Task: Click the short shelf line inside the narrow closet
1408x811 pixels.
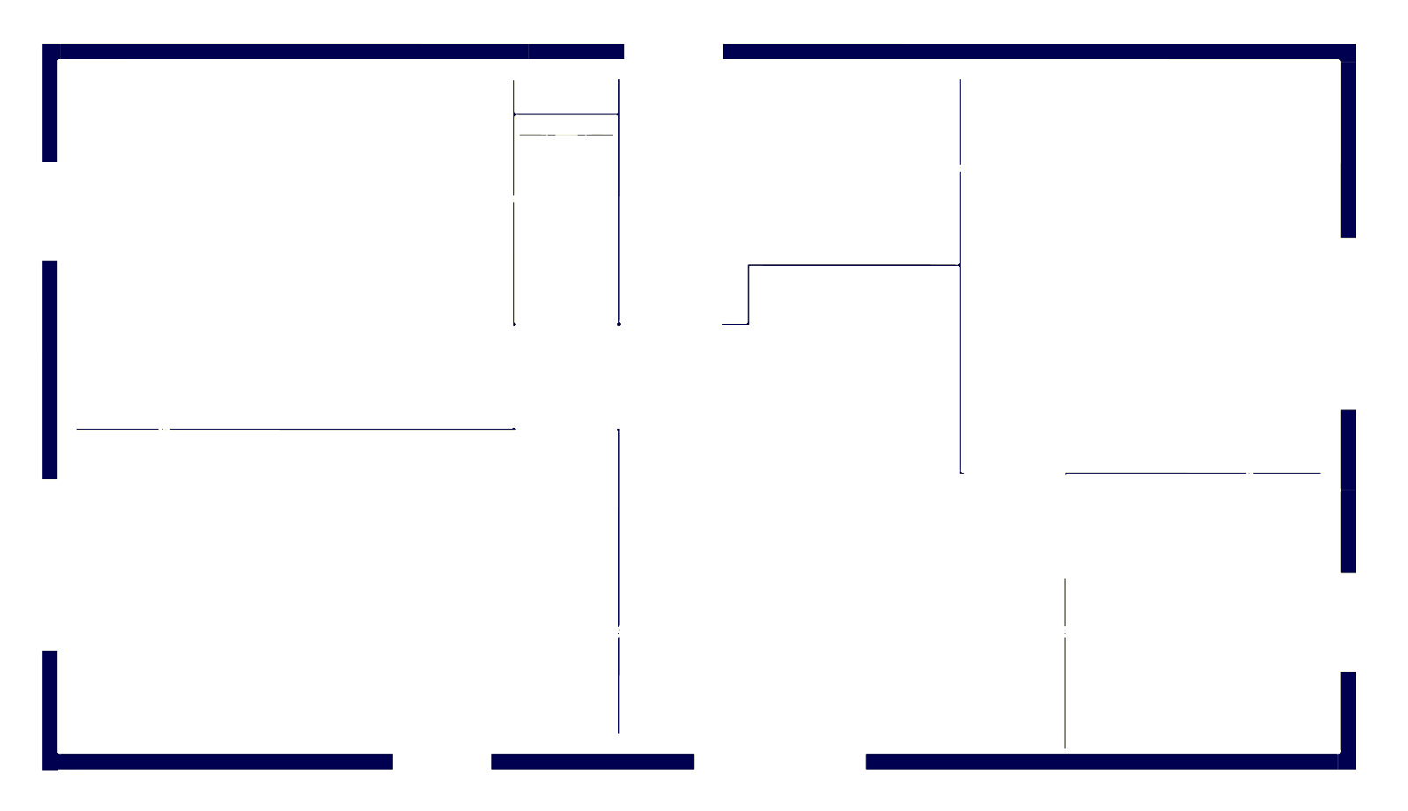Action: click(x=566, y=135)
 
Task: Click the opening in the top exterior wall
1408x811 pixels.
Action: click(x=674, y=51)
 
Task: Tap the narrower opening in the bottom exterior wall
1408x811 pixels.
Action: click(x=442, y=762)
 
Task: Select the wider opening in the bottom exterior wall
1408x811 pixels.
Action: click(x=779, y=762)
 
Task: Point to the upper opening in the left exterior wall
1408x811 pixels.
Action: click(x=50, y=211)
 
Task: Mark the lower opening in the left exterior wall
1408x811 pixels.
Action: click(x=50, y=564)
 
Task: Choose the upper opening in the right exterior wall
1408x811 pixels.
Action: click(x=1348, y=323)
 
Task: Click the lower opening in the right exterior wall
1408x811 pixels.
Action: click(x=1348, y=622)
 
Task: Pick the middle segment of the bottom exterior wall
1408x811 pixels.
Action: click(x=592, y=762)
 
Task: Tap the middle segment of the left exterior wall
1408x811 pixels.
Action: click(x=50, y=370)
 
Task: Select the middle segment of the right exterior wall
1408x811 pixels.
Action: click(x=1348, y=490)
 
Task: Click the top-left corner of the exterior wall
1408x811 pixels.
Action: click(x=50, y=52)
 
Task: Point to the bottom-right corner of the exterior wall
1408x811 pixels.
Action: click(x=1348, y=762)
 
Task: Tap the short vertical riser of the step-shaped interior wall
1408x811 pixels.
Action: click(x=748, y=294)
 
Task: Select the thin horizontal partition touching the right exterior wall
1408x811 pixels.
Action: click(x=1193, y=473)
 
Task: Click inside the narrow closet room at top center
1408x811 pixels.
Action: click(x=566, y=229)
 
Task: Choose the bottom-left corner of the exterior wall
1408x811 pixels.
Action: click(x=50, y=762)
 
